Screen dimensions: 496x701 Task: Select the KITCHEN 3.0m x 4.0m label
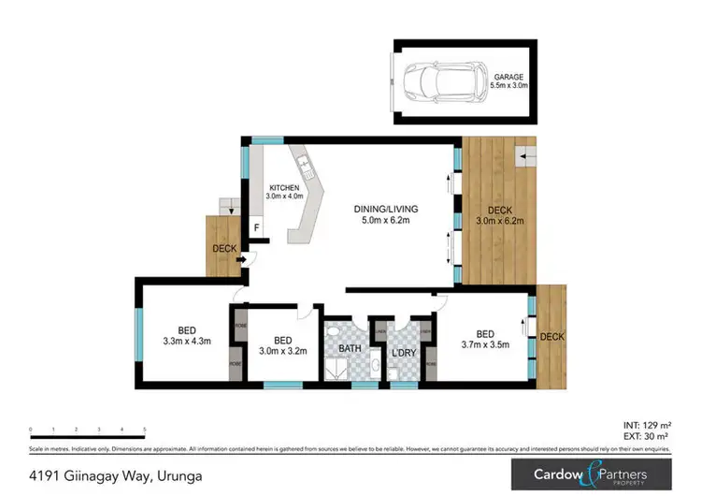(x=284, y=192)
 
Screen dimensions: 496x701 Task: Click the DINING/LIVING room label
(x=385, y=214)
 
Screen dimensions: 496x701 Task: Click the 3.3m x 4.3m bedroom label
(x=187, y=335)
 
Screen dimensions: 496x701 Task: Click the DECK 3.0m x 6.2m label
(x=499, y=216)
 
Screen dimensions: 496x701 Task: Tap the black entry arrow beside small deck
(x=241, y=259)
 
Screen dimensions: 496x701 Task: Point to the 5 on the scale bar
(x=144, y=429)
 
